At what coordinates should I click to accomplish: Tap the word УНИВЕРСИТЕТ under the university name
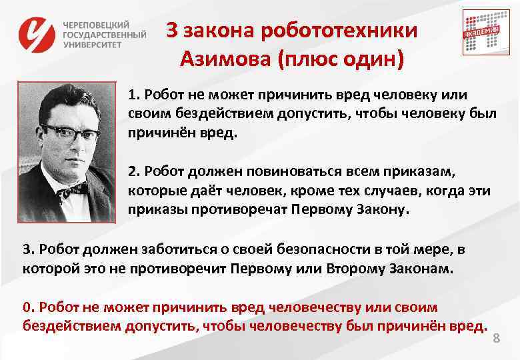[93, 45]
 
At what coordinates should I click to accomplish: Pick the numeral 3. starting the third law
[28, 249]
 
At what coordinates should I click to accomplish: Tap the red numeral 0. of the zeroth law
[28, 307]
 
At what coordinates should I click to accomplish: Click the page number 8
[495, 339]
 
